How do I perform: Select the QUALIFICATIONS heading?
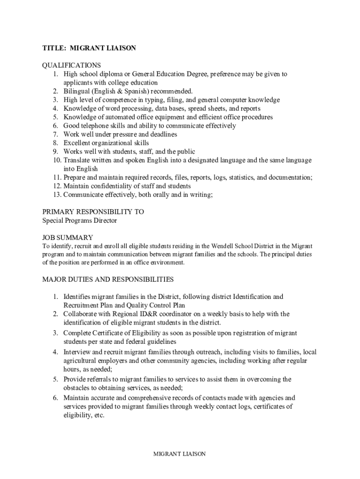tap(72, 65)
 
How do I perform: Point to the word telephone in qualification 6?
tap(97, 126)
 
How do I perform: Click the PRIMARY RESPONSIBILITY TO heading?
tap(93, 212)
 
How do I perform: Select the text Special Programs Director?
tap(79, 220)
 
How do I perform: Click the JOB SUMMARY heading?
tap(68, 238)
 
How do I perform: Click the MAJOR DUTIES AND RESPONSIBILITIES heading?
tap(108, 280)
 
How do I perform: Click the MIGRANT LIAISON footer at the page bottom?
tap(180, 454)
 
